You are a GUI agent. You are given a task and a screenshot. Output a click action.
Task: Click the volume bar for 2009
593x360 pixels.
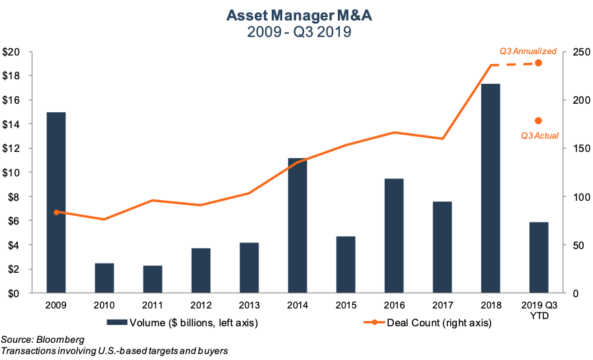pyautogui.click(x=56, y=203)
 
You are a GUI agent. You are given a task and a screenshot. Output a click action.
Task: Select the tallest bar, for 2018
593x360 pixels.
pyautogui.click(x=491, y=188)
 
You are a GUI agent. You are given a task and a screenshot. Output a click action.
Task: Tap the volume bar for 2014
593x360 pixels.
pyautogui.click(x=297, y=226)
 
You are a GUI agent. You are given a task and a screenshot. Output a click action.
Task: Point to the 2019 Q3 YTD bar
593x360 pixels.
pyautogui.click(x=539, y=258)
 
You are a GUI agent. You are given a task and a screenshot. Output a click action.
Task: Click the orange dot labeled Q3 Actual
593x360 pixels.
pyautogui.click(x=538, y=120)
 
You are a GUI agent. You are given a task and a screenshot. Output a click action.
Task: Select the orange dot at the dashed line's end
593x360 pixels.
pyautogui.click(x=538, y=63)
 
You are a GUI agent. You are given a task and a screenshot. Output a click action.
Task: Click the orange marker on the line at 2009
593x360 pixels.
pyautogui.click(x=56, y=212)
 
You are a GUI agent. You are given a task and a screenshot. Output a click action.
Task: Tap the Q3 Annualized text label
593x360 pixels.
pyautogui.click(x=528, y=51)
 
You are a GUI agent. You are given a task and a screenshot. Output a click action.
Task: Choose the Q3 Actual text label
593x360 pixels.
pyautogui.click(x=539, y=135)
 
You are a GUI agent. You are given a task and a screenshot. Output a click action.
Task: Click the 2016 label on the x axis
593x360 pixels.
pyautogui.click(x=394, y=306)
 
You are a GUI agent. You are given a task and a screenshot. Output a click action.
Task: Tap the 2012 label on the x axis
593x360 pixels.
pyautogui.click(x=201, y=306)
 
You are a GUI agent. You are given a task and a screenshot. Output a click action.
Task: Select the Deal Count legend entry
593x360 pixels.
pyautogui.click(x=417, y=323)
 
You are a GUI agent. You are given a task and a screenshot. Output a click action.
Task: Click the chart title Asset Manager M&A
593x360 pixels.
pyautogui.click(x=296, y=15)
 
